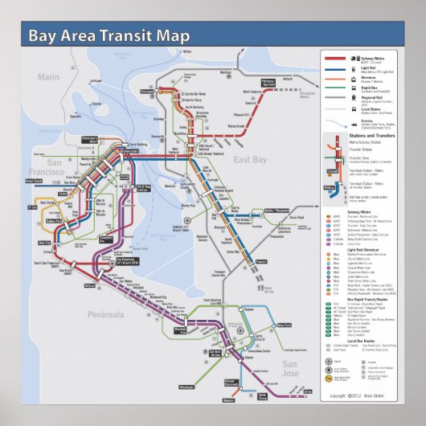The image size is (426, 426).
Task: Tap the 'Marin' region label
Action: (x=49, y=77)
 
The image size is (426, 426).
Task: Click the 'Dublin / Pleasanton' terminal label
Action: (x=276, y=211)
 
